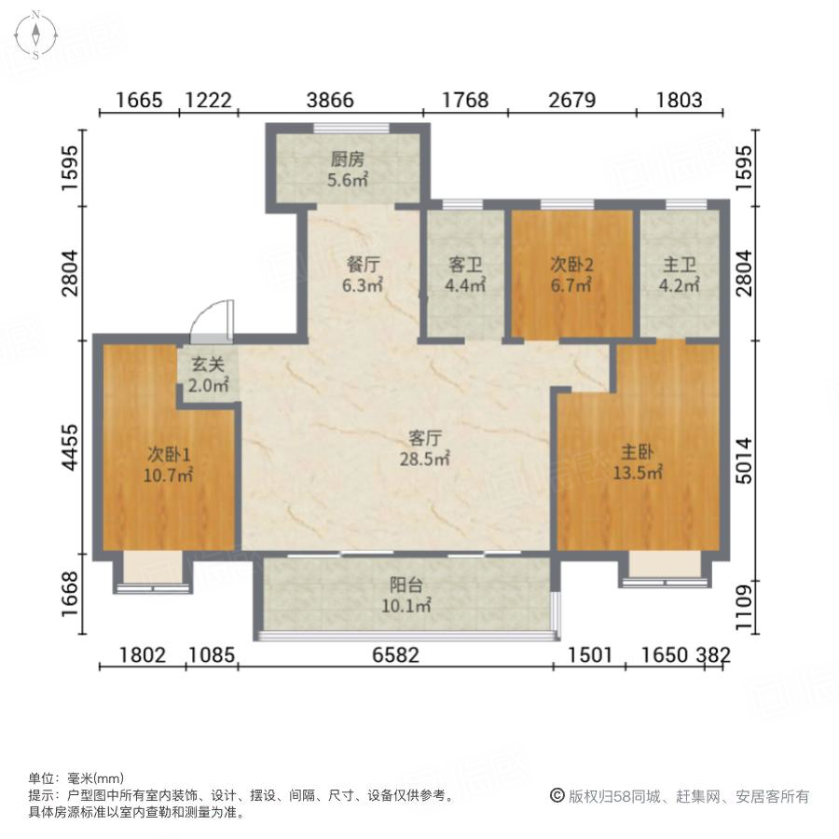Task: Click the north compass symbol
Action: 34,34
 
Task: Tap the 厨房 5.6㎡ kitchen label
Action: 349,169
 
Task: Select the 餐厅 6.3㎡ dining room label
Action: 364,275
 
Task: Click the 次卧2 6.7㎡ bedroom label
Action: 571,275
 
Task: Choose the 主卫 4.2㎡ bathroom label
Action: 679,275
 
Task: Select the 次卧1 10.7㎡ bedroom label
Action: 169,464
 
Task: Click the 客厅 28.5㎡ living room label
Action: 429,447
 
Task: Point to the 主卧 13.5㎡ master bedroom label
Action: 641,461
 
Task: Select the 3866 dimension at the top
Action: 331,100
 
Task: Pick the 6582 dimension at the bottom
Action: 396,655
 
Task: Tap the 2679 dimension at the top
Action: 571,100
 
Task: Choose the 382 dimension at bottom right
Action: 716,655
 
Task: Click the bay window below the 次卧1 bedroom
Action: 153,572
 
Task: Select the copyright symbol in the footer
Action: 557,796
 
